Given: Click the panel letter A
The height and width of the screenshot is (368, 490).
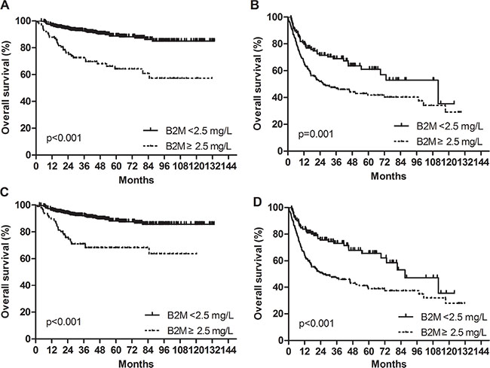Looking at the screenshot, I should point(5,5).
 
